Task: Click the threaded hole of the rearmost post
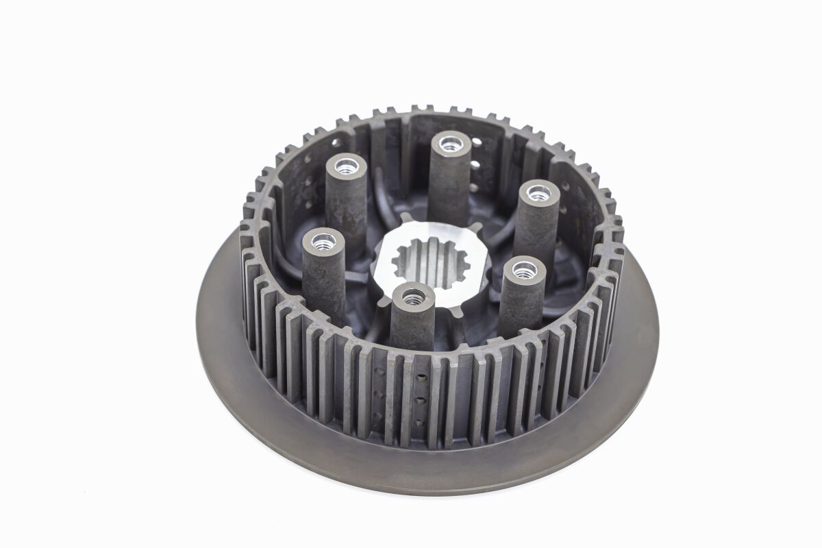[x=450, y=144]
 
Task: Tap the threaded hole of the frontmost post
[x=413, y=297]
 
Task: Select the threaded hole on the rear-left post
[x=347, y=166]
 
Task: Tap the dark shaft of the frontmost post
[x=412, y=329]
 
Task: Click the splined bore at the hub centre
[x=430, y=263]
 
